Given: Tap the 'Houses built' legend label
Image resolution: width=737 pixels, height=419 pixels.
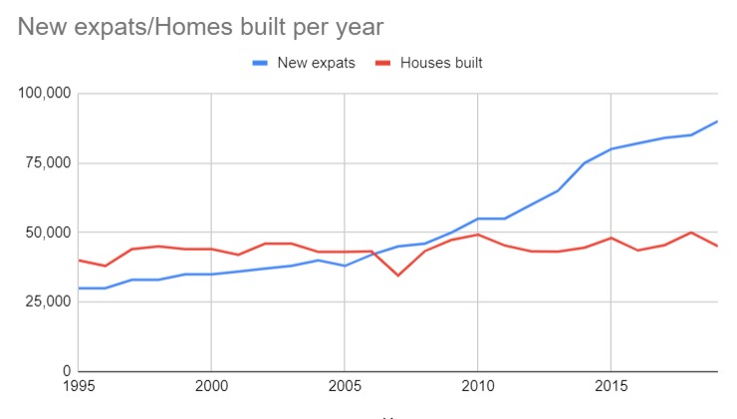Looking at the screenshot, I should click(x=441, y=63).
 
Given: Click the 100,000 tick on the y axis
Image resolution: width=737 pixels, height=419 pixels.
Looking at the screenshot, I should click(x=44, y=94).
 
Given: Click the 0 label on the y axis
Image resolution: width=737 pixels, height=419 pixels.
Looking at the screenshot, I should click(x=66, y=371).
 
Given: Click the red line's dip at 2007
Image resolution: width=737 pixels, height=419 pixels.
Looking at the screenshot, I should click(x=398, y=275).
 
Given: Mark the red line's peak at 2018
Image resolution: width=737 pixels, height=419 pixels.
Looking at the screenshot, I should click(x=691, y=232).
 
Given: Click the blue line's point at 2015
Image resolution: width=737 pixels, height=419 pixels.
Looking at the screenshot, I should click(x=612, y=149).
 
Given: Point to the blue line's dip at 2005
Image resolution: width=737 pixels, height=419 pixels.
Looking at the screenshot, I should click(x=345, y=266).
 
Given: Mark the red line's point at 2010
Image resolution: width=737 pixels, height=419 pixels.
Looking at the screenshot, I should click(x=478, y=235).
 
